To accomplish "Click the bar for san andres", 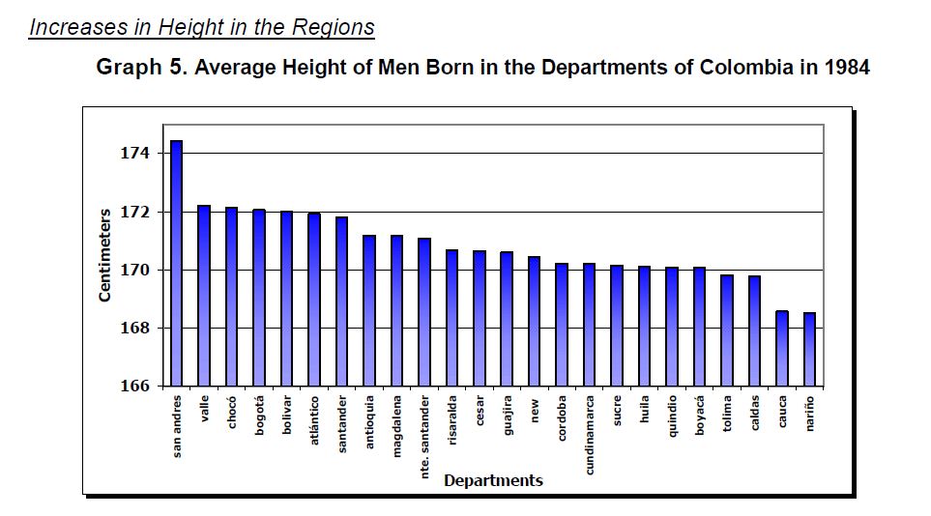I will click(x=176, y=263).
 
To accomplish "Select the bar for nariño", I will click(x=809, y=349).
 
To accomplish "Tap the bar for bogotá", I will click(x=259, y=297).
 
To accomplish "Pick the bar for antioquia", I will click(x=369, y=310).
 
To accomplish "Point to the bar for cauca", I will click(x=782, y=348).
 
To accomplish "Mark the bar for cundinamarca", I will click(x=589, y=324).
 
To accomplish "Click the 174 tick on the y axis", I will click(x=134, y=154).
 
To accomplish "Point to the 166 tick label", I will click(x=134, y=386).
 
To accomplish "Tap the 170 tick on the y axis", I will click(x=134, y=270).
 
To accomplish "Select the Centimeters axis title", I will click(x=105, y=254).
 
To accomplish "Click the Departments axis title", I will click(x=493, y=480).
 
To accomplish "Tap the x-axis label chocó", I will click(x=232, y=412).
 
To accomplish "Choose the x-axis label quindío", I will click(x=672, y=416).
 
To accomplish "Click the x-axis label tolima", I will click(x=727, y=412).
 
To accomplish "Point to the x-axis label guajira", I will click(x=508, y=415).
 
